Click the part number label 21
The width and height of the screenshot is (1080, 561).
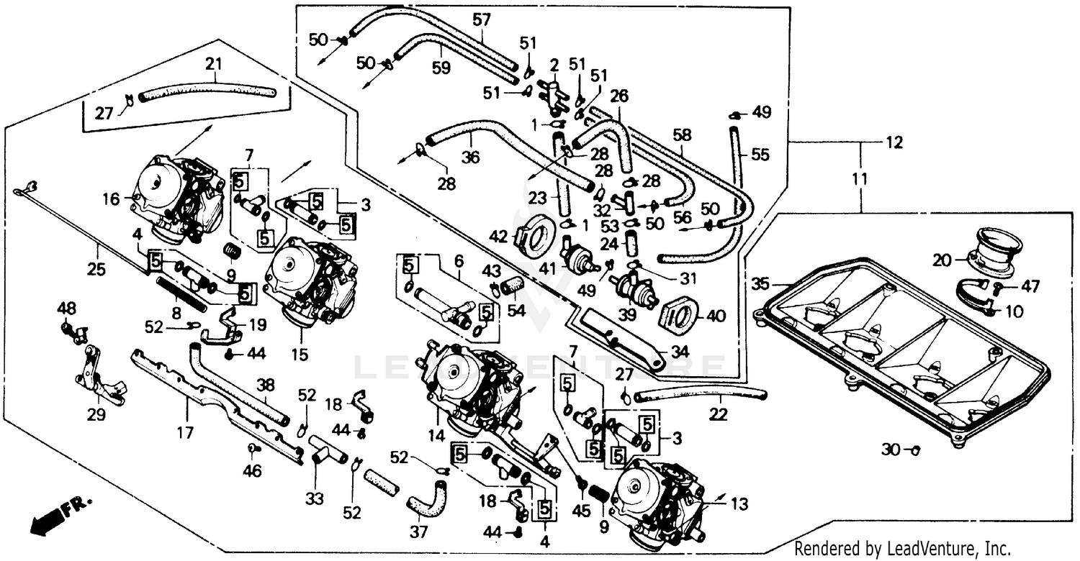coord(213,65)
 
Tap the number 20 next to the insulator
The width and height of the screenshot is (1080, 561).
coord(942,261)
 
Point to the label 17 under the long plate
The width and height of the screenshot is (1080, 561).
coord(185,434)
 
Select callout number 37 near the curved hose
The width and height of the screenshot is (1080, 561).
coord(418,532)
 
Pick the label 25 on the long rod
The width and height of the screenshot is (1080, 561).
coord(96,270)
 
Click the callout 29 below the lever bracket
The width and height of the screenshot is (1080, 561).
coord(96,415)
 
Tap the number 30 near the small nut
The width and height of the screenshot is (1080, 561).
coord(891,450)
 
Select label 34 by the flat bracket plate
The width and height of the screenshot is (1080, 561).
coord(680,352)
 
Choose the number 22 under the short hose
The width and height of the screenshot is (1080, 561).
coord(718,414)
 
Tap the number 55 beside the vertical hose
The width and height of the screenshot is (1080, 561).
coord(760,154)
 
